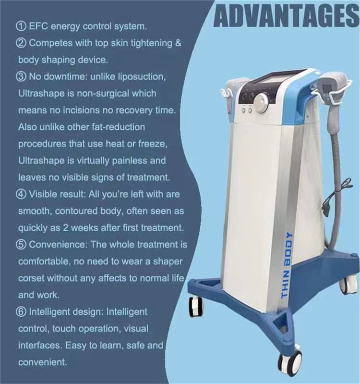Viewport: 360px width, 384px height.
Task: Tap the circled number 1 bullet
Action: (x=22, y=26)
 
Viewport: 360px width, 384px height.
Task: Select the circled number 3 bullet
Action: (x=22, y=77)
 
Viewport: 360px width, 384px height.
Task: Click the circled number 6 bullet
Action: (x=22, y=312)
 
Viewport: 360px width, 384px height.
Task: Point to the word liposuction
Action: (x=141, y=77)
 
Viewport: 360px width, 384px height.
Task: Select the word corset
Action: (x=31, y=278)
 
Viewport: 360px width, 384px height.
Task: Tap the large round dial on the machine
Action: (x=261, y=101)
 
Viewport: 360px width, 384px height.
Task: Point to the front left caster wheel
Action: (x=196, y=307)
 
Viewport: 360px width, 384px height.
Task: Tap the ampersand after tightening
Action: (x=178, y=43)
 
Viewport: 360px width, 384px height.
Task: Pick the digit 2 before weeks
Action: (x=66, y=228)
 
